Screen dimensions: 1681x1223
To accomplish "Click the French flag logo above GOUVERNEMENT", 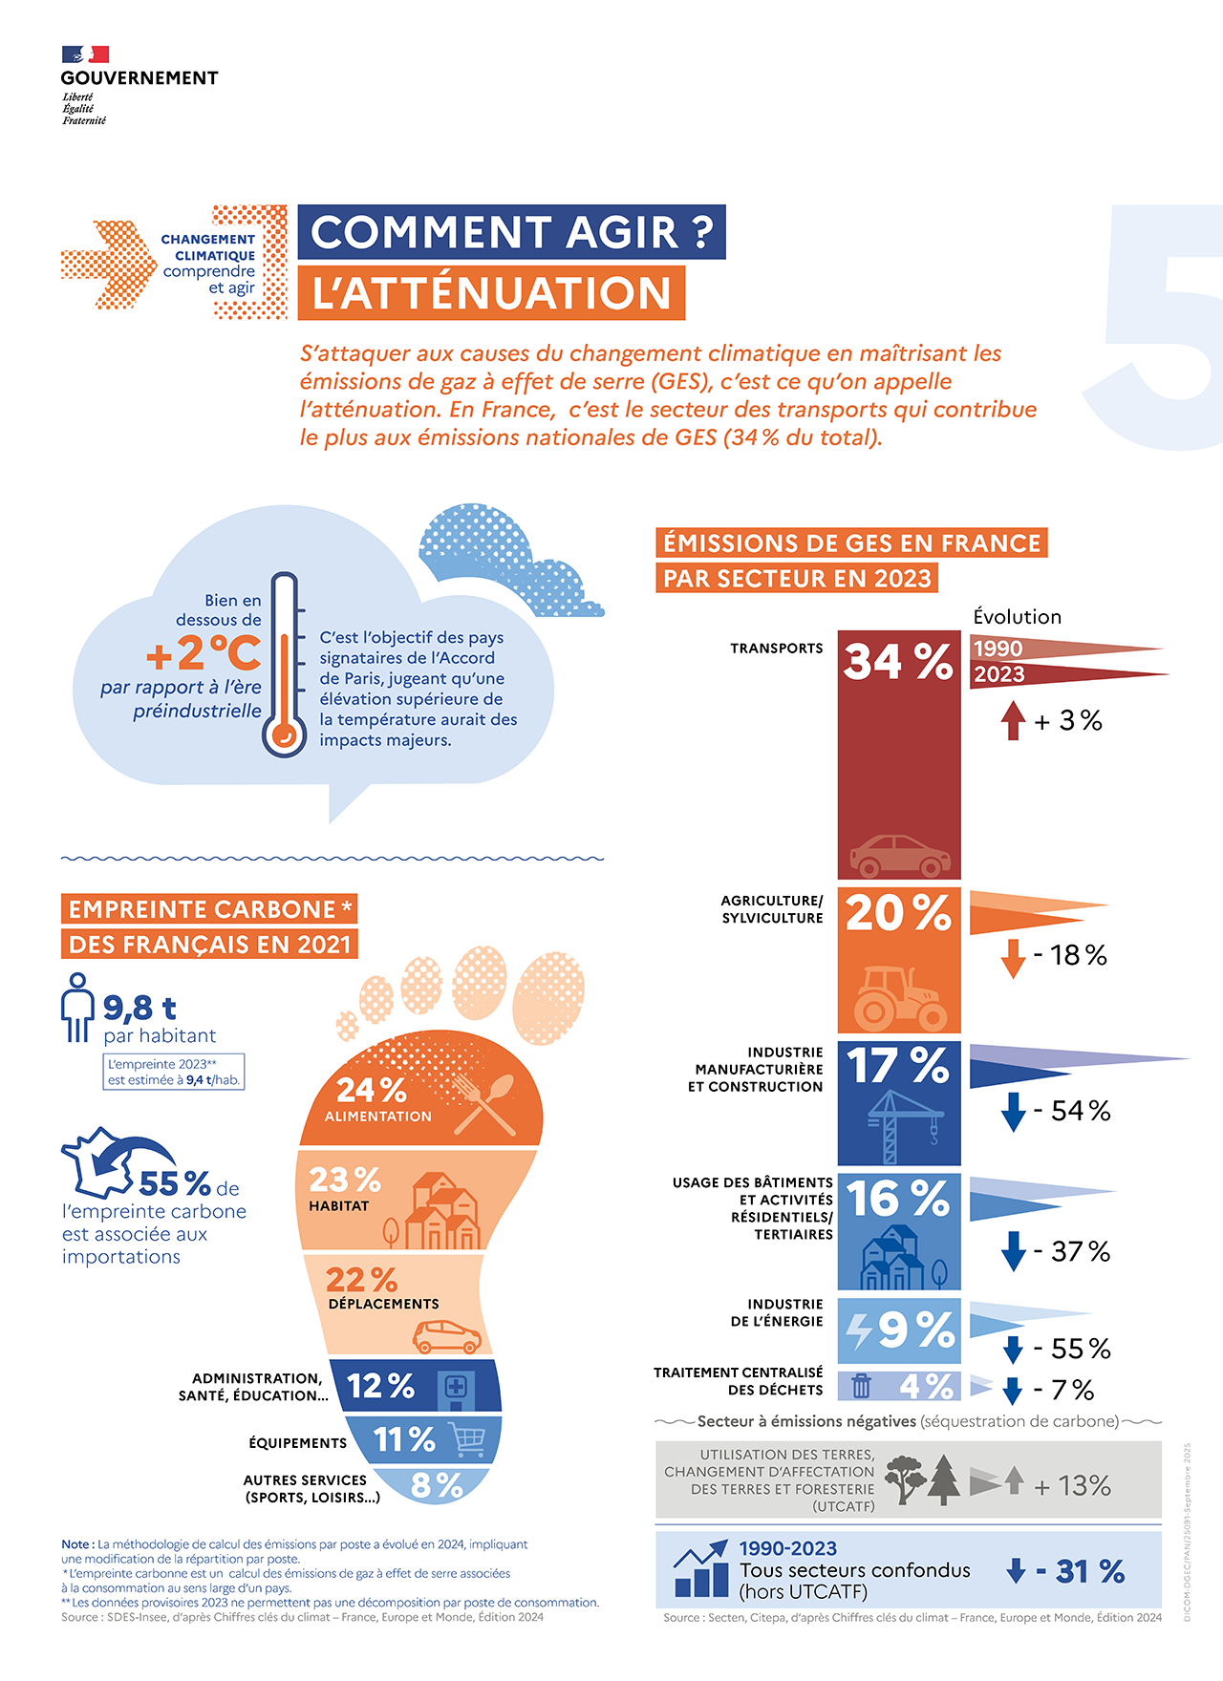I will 86,54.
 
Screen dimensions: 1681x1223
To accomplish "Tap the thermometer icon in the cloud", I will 284,664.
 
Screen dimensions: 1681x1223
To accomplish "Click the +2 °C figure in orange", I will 204,653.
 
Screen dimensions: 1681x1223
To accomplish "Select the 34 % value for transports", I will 898,661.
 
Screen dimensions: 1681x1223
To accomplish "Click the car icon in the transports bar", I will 899,856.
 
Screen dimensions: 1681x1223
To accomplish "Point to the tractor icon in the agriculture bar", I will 899,998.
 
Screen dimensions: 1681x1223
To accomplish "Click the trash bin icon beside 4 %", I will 861,1385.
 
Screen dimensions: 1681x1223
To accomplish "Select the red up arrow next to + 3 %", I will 1013,720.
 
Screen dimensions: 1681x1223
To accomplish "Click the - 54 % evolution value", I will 1071,1111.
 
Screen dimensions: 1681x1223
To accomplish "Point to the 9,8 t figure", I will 139,1008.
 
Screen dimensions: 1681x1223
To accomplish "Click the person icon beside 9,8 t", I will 76,1007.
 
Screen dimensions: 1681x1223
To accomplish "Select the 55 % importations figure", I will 175,1184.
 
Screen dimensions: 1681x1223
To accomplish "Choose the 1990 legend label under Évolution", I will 998,649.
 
